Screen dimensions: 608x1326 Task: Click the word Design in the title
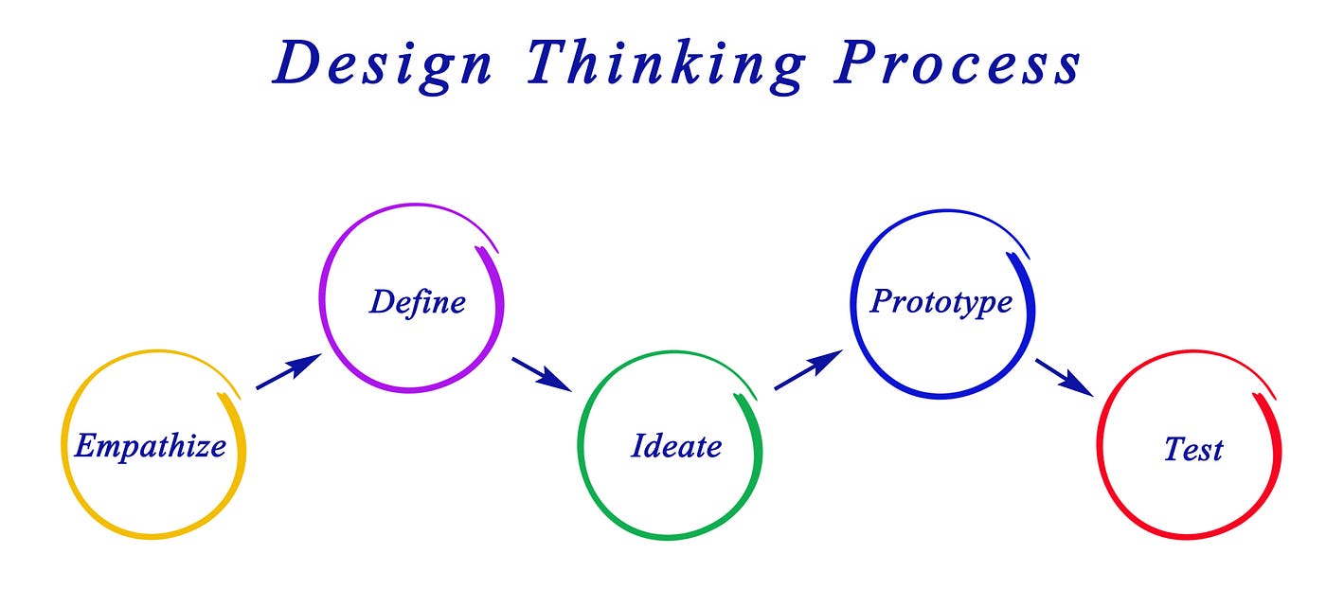click(x=383, y=64)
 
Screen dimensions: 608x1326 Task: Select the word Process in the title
click(x=957, y=64)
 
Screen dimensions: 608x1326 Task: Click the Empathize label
click(x=150, y=445)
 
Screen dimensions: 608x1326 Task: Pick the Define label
click(x=418, y=302)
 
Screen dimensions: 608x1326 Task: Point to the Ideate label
click(x=676, y=445)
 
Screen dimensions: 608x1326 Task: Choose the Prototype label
click(x=941, y=302)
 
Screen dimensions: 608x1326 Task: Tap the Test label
click(x=1193, y=448)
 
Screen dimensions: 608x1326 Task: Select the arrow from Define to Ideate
click(x=541, y=373)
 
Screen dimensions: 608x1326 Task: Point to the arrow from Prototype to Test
click(x=1064, y=375)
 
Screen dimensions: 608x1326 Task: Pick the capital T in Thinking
click(x=550, y=64)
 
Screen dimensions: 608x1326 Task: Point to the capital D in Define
click(x=382, y=302)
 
